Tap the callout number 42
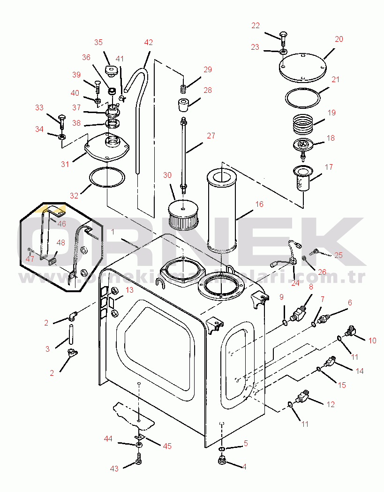click(149, 42)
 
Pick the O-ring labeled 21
click(303, 97)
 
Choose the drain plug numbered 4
click(222, 461)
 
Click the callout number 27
click(211, 136)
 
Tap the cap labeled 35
click(111, 70)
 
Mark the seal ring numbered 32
click(107, 178)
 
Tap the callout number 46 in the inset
click(62, 224)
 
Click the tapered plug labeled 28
click(183, 104)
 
